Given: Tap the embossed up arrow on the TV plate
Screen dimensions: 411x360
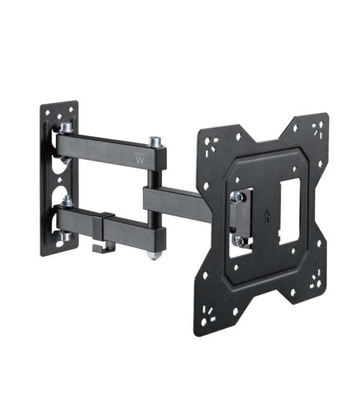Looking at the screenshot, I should (x=266, y=217).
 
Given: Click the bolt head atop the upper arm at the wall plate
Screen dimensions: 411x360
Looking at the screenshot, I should (x=65, y=127).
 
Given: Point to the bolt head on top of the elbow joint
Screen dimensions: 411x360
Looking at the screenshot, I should (x=155, y=141).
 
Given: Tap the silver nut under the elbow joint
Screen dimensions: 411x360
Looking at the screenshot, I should (x=154, y=255).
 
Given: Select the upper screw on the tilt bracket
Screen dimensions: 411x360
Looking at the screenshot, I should (x=238, y=196).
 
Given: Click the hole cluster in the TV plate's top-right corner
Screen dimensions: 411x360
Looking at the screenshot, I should (x=318, y=128).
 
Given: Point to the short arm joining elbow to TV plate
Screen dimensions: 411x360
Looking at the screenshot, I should (x=177, y=203).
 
